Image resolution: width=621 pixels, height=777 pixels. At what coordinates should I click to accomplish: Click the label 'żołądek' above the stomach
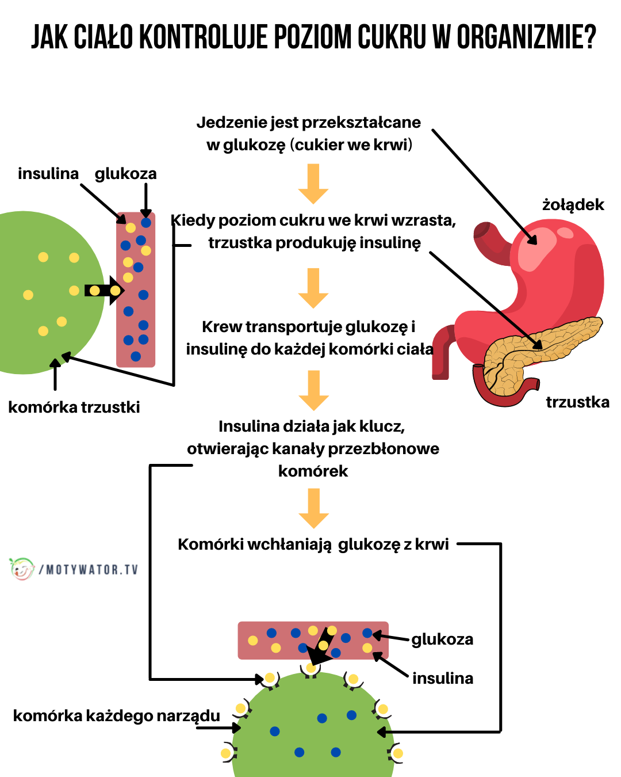pyautogui.click(x=573, y=205)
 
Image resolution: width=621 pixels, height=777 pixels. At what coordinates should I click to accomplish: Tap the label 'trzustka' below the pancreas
pyautogui.click(x=577, y=402)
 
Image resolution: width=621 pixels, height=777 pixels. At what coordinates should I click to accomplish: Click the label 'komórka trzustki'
pyautogui.click(x=74, y=407)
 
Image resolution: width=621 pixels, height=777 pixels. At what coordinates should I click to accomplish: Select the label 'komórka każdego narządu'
pyautogui.click(x=116, y=716)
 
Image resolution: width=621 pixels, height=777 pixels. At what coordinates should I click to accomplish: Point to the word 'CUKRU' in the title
pyautogui.click(x=392, y=38)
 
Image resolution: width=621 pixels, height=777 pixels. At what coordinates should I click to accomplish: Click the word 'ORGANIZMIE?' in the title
pyautogui.click(x=526, y=38)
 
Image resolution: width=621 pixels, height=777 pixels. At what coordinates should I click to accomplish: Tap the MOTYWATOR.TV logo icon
pyautogui.click(x=22, y=569)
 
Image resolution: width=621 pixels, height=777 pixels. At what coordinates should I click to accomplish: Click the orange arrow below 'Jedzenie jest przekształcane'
pyautogui.click(x=313, y=184)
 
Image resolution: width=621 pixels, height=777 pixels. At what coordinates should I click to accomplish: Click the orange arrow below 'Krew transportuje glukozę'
pyautogui.click(x=313, y=390)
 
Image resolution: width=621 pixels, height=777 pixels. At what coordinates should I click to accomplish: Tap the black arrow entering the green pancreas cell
pyautogui.click(x=103, y=291)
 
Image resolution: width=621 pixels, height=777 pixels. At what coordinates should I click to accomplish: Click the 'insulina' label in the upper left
pyautogui.click(x=48, y=174)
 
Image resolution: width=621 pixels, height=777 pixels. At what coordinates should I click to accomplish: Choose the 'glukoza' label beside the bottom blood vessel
pyautogui.click(x=442, y=639)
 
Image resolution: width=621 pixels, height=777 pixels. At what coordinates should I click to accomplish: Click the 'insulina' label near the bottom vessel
pyautogui.click(x=443, y=679)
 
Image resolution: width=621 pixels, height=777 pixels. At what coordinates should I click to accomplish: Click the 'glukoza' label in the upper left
pyautogui.click(x=125, y=174)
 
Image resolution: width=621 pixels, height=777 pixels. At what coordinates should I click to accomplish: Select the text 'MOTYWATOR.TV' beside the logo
pyautogui.click(x=92, y=570)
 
